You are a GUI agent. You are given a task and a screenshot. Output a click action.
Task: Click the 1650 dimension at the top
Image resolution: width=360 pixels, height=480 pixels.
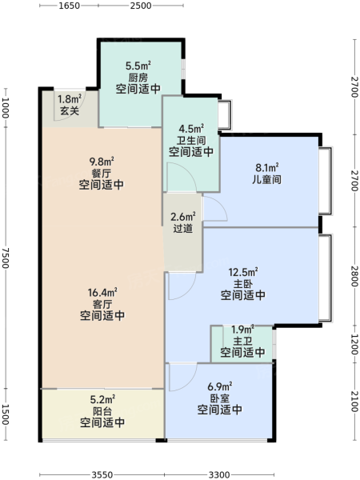(x=69, y=6)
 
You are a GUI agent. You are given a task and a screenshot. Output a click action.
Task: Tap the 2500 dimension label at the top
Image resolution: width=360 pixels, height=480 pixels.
(x=141, y=6)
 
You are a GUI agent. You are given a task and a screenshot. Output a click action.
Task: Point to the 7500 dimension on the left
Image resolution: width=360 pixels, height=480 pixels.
(x=6, y=258)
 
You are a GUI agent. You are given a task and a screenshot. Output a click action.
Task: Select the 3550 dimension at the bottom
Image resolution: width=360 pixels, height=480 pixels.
(x=102, y=474)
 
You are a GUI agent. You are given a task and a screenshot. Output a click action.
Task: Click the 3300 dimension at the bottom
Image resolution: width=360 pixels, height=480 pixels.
(x=219, y=474)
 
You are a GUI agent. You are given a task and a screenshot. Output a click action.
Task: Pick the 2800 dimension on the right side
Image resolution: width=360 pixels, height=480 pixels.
(x=354, y=276)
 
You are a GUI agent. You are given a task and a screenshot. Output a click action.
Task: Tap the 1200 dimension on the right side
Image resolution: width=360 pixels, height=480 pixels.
(x=354, y=344)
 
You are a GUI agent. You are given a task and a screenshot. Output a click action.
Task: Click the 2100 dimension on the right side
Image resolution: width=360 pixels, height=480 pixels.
(x=354, y=402)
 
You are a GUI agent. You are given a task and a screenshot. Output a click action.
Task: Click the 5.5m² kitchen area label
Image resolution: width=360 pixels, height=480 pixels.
(x=138, y=66)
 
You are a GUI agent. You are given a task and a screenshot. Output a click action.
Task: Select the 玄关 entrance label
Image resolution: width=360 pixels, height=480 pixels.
(x=70, y=110)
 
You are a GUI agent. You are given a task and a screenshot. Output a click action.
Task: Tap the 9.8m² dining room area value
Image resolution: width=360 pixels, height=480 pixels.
(x=102, y=161)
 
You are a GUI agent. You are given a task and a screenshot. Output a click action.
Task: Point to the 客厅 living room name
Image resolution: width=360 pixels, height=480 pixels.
(x=102, y=304)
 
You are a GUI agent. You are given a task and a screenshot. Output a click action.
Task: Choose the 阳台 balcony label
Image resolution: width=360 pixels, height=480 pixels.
(x=102, y=411)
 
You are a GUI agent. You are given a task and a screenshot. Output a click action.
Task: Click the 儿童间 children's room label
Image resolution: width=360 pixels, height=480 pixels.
(x=267, y=179)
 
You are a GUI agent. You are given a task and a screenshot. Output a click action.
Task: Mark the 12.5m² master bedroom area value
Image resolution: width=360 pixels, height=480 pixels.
(x=243, y=272)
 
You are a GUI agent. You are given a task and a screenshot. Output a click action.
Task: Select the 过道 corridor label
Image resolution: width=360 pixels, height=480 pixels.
(x=182, y=228)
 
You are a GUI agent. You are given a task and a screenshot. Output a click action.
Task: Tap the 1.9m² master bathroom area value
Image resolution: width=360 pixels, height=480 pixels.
(x=242, y=330)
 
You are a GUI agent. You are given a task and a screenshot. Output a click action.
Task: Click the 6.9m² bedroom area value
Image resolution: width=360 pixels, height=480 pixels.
(x=219, y=386)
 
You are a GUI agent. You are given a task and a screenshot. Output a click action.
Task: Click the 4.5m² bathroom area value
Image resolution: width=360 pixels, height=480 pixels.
(x=191, y=129)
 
